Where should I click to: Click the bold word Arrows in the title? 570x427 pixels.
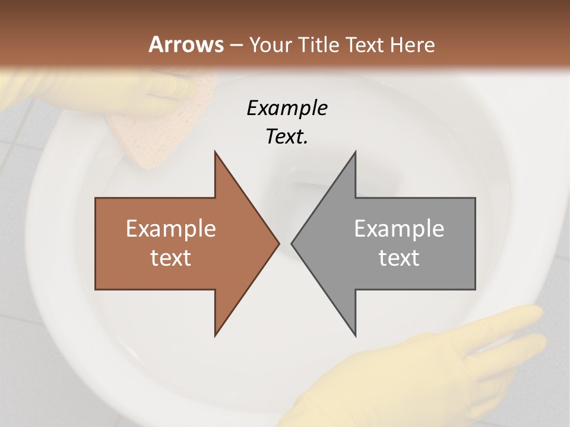[185, 44]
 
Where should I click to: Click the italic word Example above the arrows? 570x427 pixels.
[287, 108]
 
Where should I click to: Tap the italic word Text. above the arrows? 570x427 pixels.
[287, 137]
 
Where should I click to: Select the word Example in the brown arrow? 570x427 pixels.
[171, 229]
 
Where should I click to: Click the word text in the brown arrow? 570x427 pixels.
[171, 257]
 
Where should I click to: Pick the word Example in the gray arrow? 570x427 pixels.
[399, 229]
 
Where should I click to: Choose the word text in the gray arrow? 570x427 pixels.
[399, 257]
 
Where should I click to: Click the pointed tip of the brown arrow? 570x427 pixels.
[278, 243]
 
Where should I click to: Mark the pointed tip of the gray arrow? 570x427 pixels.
[292, 243]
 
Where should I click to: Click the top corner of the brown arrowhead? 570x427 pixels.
[215, 152]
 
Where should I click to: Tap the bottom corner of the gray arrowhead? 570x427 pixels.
[355, 336]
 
